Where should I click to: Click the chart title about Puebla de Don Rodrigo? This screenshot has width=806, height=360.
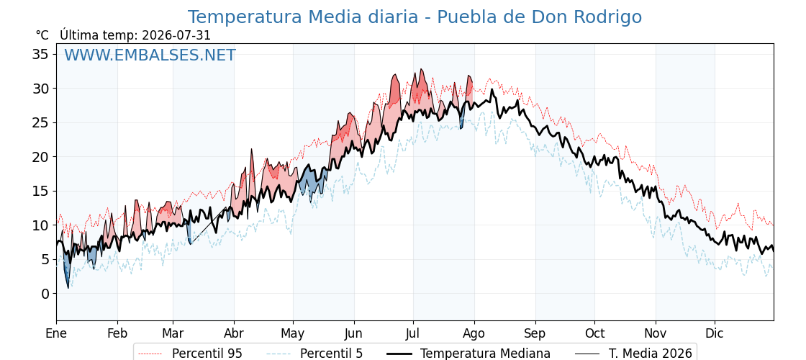(x=415, y=17)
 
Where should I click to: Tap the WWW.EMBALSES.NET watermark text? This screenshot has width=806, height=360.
(x=150, y=55)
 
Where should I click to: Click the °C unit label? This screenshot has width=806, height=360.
(x=42, y=35)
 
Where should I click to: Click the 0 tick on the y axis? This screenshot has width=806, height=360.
(x=46, y=294)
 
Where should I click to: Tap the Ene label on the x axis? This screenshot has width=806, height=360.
(x=57, y=333)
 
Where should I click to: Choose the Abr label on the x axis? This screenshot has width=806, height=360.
(x=234, y=333)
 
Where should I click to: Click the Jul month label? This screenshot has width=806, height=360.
(x=413, y=333)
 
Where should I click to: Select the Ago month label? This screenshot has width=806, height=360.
(x=474, y=333)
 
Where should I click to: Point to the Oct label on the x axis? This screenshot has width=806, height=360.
(x=594, y=333)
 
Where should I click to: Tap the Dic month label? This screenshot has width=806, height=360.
(x=715, y=333)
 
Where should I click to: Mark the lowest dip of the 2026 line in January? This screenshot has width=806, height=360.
(x=68, y=287)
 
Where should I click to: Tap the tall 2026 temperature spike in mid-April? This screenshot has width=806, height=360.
(x=252, y=150)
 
